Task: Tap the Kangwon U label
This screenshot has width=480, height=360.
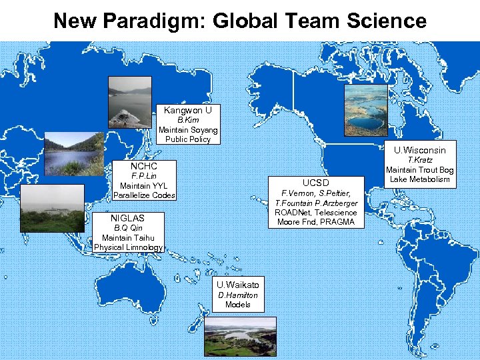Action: click(188, 110)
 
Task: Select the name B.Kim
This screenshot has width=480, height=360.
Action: click(188, 120)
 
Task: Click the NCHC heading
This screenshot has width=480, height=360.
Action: click(144, 166)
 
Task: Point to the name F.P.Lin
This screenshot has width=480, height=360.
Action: click(144, 176)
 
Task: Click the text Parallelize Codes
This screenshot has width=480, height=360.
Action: click(144, 195)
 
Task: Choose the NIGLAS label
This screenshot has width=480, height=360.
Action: click(127, 218)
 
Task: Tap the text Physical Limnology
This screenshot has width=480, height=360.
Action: click(128, 247)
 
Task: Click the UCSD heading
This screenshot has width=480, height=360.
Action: click(316, 182)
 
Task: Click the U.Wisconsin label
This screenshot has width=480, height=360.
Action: click(419, 150)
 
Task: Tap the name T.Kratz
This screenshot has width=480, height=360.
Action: click(420, 160)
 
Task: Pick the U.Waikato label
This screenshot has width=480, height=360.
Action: click(238, 283)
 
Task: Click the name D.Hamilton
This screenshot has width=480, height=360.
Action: click(238, 295)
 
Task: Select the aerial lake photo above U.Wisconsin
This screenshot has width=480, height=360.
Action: click(365, 111)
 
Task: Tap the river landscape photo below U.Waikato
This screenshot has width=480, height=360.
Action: click(239, 337)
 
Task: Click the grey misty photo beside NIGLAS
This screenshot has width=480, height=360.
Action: click(53, 208)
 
